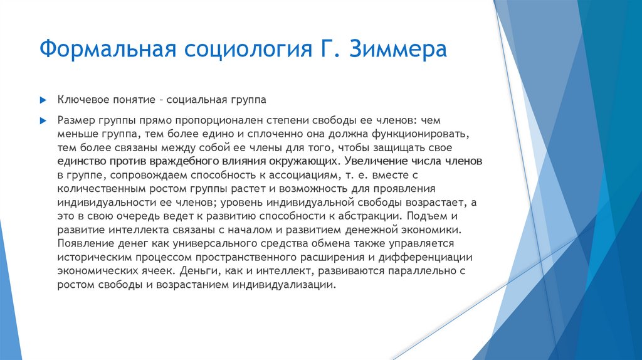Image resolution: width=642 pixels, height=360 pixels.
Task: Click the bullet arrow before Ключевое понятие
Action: (x=43, y=100)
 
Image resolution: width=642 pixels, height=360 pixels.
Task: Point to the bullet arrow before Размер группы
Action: (x=43, y=119)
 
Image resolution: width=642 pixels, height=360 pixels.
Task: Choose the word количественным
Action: (x=105, y=188)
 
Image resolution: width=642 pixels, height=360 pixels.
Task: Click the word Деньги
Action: (x=196, y=271)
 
